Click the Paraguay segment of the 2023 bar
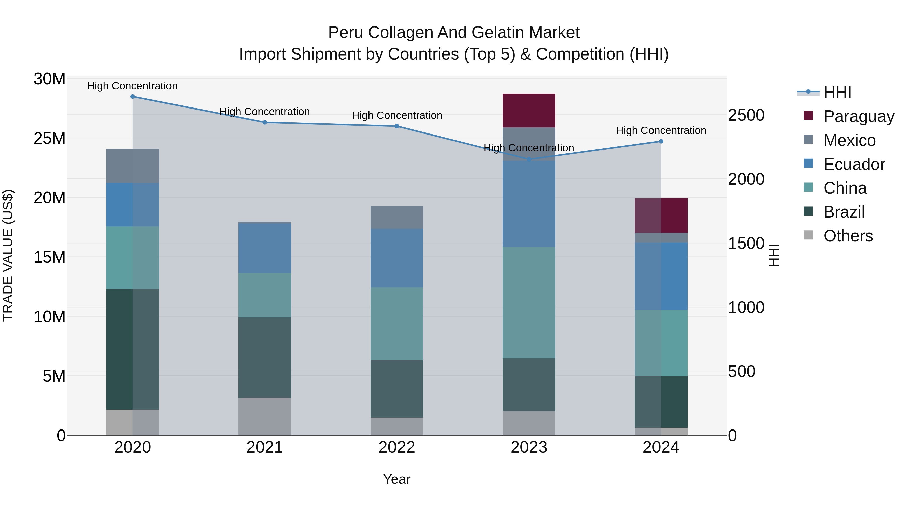click(x=529, y=110)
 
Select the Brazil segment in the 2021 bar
click(x=265, y=357)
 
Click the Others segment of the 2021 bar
click(x=265, y=416)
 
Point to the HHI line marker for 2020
click(x=132, y=97)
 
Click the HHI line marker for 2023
click(x=529, y=159)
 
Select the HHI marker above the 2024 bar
click(x=661, y=141)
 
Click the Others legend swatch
click(x=808, y=235)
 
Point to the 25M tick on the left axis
click(x=49, y=138)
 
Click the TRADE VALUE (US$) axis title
click(x=8, y=256)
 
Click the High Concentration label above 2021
click(x=265, y=112)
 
